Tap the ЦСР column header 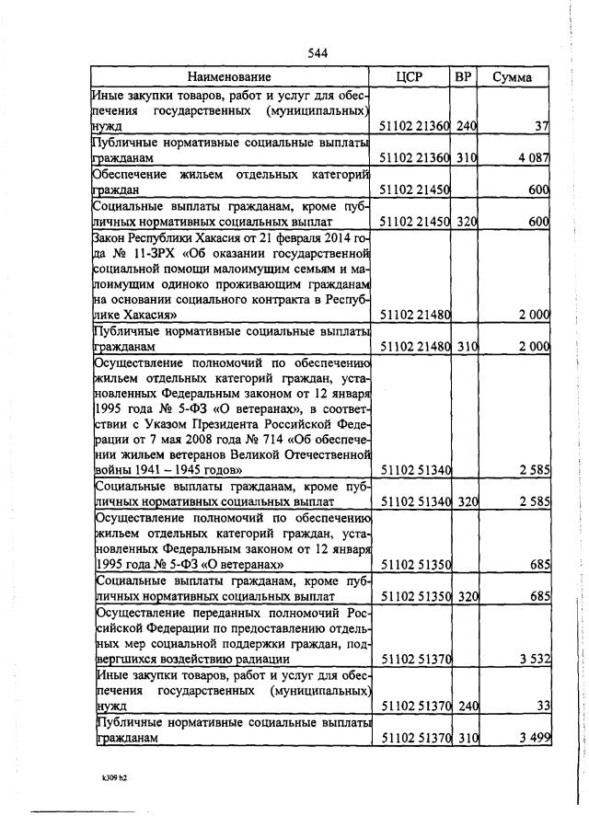pos(409,76)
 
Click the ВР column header pos(464,76)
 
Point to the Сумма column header pos(512,76)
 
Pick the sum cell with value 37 pos(541,125)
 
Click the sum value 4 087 pos(533,158)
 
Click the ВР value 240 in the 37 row pos(466,125)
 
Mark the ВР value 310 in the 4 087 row pos(466,158)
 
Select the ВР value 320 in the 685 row pos(466,596)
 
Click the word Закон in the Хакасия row pos(112,236)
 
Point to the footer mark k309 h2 pos(114,777)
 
